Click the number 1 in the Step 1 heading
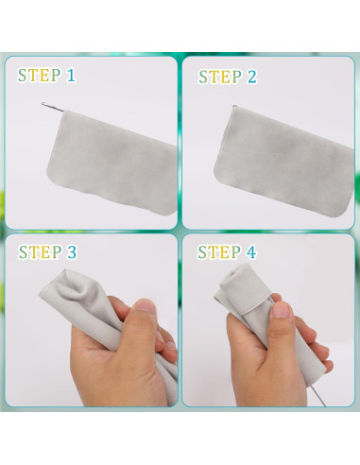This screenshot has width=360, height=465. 71,76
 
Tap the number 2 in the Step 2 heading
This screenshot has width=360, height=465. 252,77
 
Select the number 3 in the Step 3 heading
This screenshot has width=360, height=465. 72,252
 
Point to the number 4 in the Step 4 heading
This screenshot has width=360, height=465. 251,252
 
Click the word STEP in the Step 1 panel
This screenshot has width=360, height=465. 39,76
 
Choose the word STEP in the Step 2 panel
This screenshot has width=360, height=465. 220,77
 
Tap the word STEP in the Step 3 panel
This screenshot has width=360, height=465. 40,252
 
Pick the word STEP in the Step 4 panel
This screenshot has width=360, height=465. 219,252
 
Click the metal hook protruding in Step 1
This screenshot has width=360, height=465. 53,107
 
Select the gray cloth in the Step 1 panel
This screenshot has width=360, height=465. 111,163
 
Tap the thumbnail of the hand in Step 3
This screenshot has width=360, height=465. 146,306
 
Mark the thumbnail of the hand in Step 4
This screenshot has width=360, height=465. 282,309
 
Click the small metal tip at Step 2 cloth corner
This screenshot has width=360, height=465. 234,107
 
